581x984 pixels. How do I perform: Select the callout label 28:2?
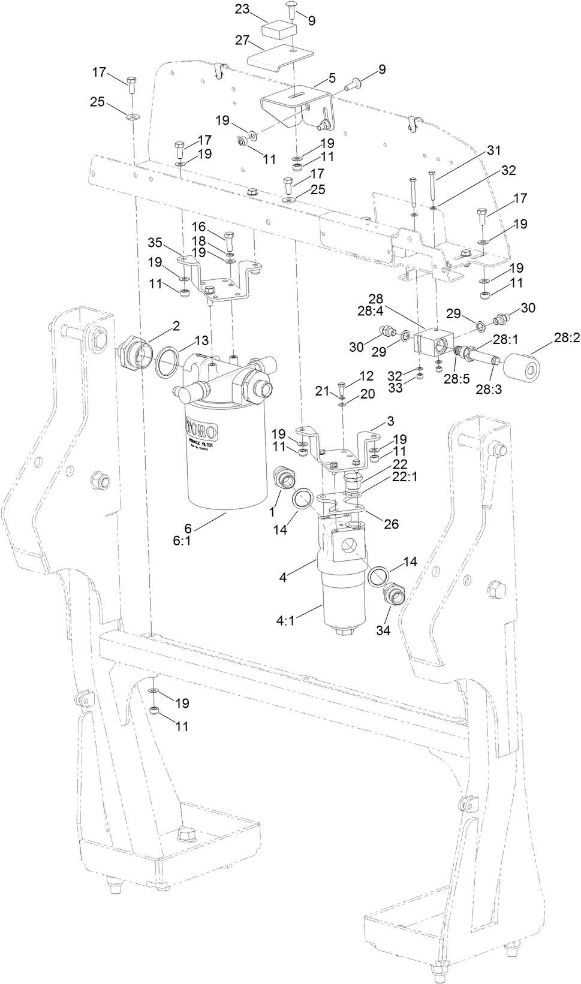click(567, 338)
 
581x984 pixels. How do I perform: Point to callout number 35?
click(155, 243)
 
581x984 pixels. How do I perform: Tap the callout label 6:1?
click(184, 540)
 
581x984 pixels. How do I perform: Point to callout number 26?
click(391, 524)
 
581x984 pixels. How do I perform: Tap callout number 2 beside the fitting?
click(176, 325)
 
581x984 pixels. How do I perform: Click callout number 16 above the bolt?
click(198, 227)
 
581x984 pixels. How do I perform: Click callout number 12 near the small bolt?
click(366, 376)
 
